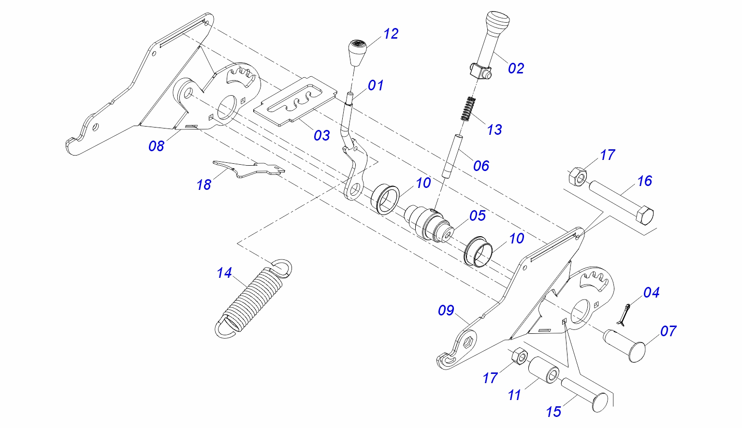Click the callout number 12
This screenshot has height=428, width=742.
pos(391,34)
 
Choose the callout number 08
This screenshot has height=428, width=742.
pos(156,145)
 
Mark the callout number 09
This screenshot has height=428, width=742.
pos(446,310)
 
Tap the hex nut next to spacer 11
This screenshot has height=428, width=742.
pos(519,357)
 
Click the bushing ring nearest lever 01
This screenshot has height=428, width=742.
pos(386,198)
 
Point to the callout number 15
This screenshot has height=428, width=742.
pos(553,412)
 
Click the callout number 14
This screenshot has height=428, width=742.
pos(224,273)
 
